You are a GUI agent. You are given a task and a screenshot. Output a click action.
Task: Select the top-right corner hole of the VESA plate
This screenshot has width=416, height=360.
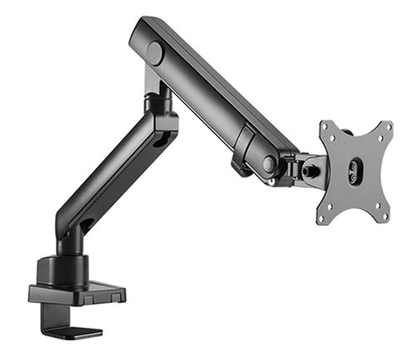[x=384, y=131]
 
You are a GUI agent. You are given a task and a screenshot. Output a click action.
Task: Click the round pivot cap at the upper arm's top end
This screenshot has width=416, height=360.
[x=155, y=53]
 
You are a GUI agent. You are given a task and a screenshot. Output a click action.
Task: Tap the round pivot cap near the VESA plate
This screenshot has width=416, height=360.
[x=268, y=165]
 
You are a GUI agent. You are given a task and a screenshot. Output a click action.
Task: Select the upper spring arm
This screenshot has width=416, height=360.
[x=212, y=91]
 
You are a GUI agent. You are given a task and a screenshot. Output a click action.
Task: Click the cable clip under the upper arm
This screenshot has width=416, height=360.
[x=241, y=166]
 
